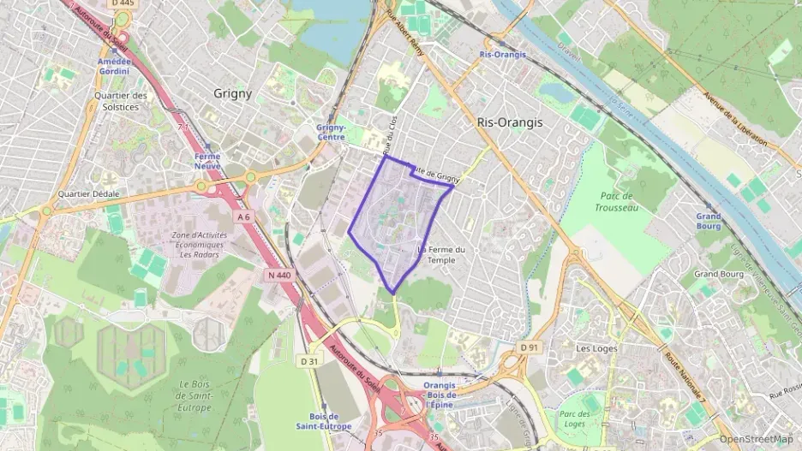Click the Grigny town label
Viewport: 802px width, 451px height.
[232, 94]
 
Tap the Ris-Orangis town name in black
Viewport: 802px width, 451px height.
[509, 122]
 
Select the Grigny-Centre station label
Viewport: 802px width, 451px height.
[331, 132]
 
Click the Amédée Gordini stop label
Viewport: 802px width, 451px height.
[114, 66]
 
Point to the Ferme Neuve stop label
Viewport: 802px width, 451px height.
[206, 161]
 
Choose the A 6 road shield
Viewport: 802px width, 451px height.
[245, 217]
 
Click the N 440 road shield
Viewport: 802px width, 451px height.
[279, 275]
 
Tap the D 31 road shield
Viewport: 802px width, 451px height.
[310, 361]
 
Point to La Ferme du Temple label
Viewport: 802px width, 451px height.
[441, 254]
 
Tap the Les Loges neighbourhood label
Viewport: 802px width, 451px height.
[596, 348]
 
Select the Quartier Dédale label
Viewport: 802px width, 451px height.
[88, 193]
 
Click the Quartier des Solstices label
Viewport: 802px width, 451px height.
[121, 101]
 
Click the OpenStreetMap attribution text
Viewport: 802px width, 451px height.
[756, 439]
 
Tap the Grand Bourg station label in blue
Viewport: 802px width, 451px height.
[708, 222]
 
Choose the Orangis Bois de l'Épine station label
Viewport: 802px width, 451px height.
[440, 395]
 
